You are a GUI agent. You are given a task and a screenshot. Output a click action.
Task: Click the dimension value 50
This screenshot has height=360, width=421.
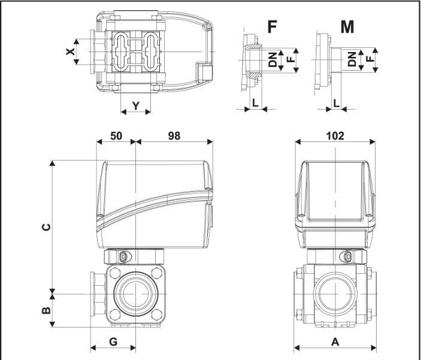tap(116, 135)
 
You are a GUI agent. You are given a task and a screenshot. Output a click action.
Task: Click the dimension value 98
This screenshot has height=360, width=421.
tap(175, 135)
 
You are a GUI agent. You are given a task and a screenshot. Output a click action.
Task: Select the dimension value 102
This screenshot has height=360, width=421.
tap(335, 135)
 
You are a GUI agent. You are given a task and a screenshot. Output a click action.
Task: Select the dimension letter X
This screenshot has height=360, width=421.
tap(71, 52)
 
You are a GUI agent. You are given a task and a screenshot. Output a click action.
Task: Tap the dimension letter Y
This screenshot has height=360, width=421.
tap(135, 106)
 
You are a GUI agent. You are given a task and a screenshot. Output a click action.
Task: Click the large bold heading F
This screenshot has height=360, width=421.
tap(272, 28)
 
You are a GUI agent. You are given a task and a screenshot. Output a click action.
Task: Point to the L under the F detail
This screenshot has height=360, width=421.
tap(256, 102)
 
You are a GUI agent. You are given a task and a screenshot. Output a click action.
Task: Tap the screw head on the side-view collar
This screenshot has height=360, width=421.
tap(123, 257)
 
